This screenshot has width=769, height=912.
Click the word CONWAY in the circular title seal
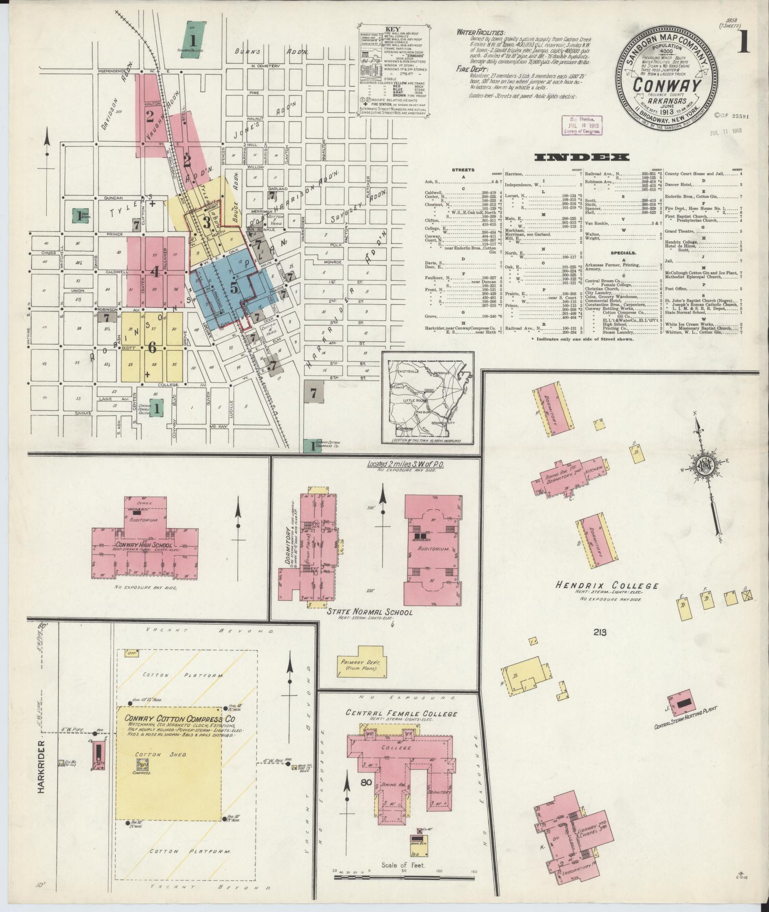coord(666,85)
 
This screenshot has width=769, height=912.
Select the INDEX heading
coord(582,157)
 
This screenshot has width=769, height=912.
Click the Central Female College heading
coord(401,727)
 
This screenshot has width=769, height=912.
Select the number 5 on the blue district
coord(234,287)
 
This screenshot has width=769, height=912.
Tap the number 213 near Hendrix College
coord(600,633)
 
